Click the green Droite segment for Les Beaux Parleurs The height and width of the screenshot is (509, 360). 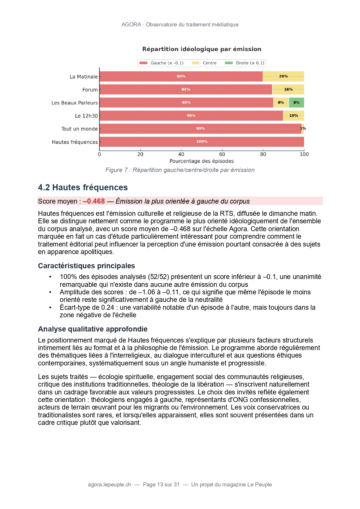296,103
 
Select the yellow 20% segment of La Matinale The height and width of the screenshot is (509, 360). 283,77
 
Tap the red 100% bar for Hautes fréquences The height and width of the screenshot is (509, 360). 202,142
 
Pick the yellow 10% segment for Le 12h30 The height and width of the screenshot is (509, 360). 294,116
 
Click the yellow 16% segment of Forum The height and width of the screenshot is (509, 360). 288,90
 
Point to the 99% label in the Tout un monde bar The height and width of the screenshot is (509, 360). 200,128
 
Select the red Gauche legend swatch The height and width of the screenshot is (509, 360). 144,63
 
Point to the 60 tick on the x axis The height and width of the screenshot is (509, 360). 222,154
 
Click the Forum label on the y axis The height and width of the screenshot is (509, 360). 90,90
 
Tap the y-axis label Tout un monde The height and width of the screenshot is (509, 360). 79,129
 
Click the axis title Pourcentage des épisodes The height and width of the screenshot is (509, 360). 202,161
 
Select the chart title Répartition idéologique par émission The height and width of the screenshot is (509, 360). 202,49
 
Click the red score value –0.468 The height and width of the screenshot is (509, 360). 94,201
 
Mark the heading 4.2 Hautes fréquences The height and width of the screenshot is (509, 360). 83,187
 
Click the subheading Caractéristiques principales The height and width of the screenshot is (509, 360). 86,266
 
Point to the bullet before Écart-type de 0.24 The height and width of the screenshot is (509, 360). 50,307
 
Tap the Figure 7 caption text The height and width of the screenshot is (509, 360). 180,170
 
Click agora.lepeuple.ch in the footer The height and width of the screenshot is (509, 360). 109,484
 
